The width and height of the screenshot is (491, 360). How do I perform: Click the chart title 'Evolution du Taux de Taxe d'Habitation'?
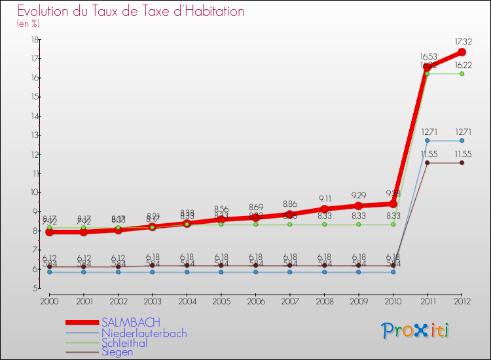click(131, 11)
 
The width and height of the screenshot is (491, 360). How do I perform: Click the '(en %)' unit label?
click(28, 24)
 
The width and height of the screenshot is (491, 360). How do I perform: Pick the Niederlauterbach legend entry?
click(144, 333)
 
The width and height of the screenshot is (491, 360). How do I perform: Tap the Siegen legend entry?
click(117, 352)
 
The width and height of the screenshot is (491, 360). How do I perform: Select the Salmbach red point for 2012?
click(462, 52)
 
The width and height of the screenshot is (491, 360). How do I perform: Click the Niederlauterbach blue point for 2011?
click(427, 140)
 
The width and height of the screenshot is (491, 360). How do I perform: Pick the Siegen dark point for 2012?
click(462, 162)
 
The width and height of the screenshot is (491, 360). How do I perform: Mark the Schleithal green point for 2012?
click(462, 73)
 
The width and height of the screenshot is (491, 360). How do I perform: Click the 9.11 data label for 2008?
click(324, 198)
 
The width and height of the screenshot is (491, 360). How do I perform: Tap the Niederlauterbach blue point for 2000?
click(49, 272)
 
